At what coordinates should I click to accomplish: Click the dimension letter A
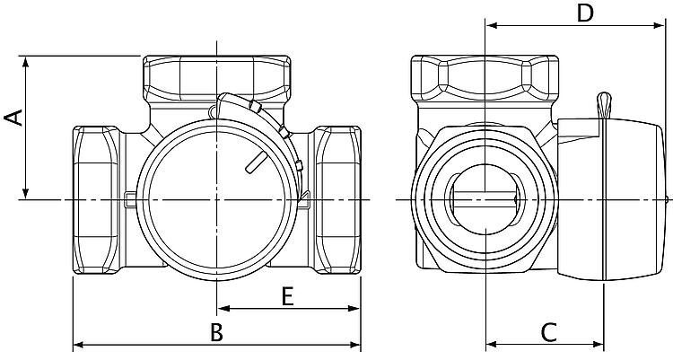coord(13,119)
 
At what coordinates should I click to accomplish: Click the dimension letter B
coord(217,332)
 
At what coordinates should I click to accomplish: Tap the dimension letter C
coord(548,332)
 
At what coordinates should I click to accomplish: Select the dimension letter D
coord(585,13)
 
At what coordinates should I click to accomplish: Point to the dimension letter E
coord(287,296)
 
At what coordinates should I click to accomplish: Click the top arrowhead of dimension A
coord(26,62)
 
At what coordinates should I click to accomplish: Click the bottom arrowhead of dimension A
coord(26,193)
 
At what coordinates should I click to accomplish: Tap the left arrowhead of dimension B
coord(79,345)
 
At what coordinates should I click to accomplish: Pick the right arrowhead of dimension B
coord(355,345)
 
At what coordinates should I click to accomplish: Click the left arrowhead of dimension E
coord(223,308)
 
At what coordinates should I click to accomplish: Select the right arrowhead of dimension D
coord(659,25)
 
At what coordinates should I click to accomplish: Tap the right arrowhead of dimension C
coord(598,344)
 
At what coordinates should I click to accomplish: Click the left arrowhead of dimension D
coord(492,25)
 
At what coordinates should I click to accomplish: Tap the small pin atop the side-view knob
coord(604,104)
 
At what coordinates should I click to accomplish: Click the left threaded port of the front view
coord(96,200)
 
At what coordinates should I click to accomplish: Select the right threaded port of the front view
coord(337,200)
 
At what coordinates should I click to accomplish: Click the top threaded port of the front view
coord(217,78)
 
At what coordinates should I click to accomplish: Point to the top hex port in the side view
coord(485,78)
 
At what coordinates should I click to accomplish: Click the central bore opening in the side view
coord(485,200)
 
